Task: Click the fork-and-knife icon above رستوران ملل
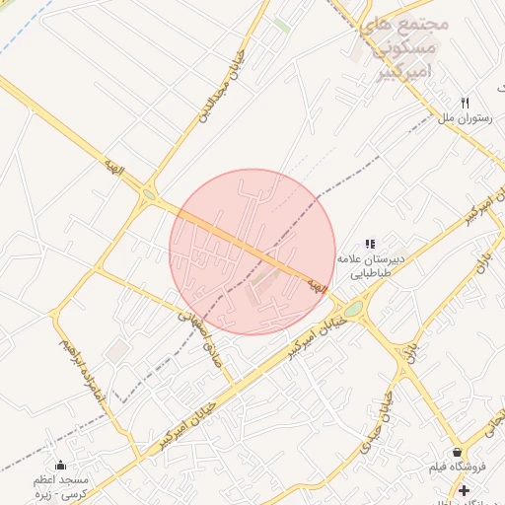466,103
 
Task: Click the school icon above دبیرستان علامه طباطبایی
370,244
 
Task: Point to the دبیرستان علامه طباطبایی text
369,264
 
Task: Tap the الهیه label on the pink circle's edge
316,285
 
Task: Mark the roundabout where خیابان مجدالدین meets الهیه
150,195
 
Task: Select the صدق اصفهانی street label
198,338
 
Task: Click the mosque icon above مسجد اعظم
61,466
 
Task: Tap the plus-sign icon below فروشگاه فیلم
464,489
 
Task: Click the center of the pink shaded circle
252,252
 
